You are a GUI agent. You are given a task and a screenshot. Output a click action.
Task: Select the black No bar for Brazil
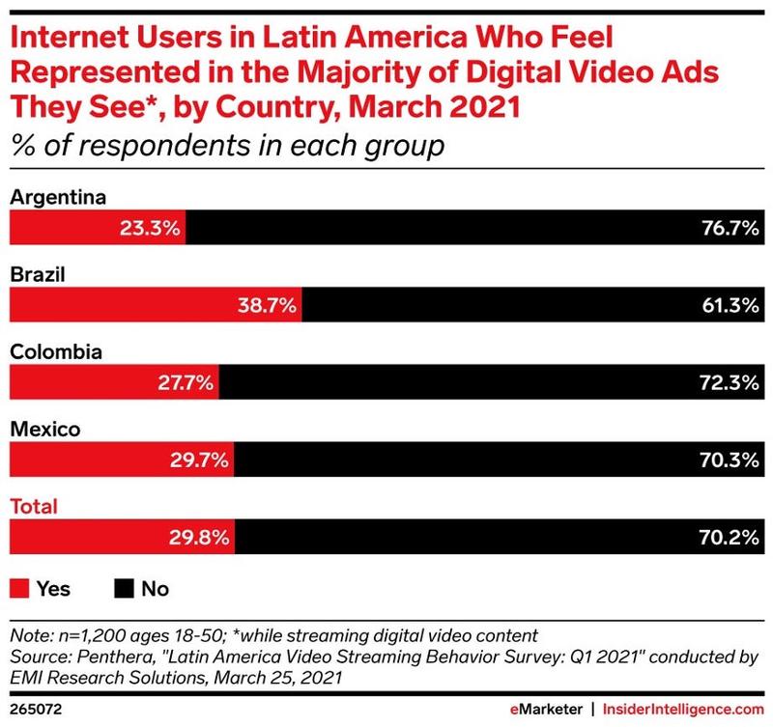[x=531, y=308]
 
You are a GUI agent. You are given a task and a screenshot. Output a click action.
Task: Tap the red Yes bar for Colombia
[x=114, y=384]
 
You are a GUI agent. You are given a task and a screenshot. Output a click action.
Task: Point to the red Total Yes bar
[x=122, y=537]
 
